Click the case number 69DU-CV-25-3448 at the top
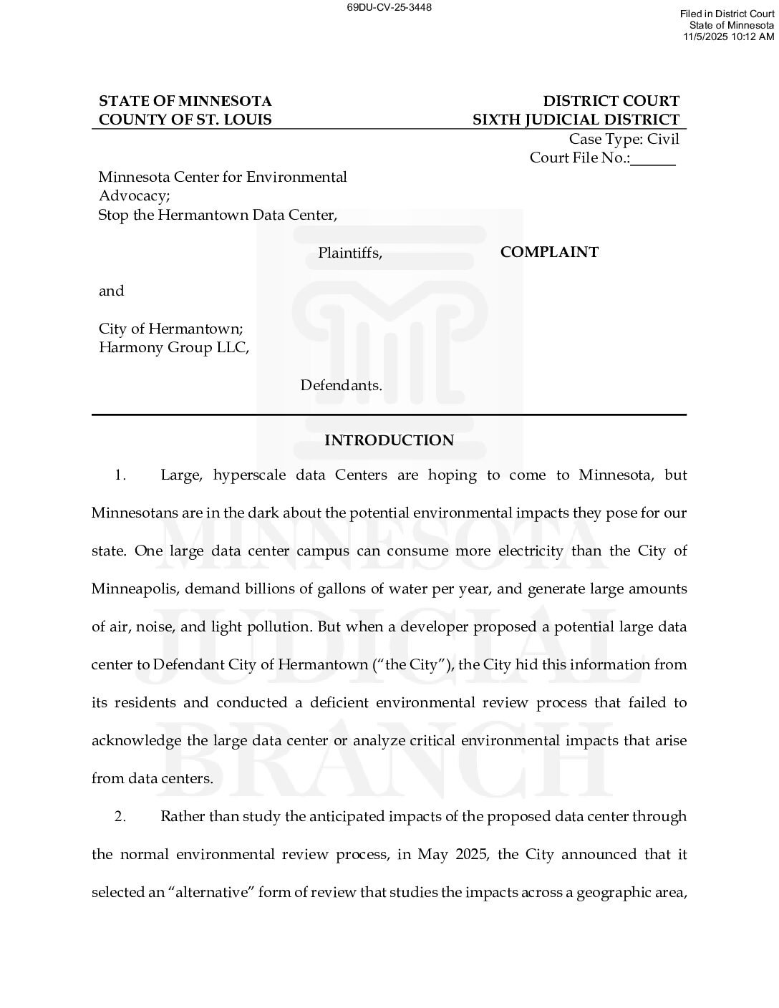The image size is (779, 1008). pyautogui.click(x=389, y=8)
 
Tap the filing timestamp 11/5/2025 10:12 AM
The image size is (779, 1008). pyautogui.click(x=728, y=36)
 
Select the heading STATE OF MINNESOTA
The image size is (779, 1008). pyautogui.click(x=185, y=101)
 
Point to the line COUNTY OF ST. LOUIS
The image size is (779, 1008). pyautogui.click(x=185, y=120)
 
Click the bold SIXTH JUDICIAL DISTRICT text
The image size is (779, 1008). pyautogui.click(x=576, y=120)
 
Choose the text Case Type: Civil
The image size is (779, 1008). pyautogui.click(x=624, y=139)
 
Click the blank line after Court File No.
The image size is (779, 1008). pyautogui.click(x=653, y=159)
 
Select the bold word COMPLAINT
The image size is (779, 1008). pyautogui.click(x=549, y=252)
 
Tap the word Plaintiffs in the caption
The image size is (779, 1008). pyautogui.click(x=349, y=253)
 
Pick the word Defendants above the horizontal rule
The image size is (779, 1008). pyautogui.click(x=341, y=385)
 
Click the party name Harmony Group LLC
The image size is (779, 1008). pyautogui.click(x=173, y=348)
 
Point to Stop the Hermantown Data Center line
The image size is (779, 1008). pyautogui.click(x=218, y=215)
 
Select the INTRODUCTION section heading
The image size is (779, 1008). pyautogui.click(x=389, y=440)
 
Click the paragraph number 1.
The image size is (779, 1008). pyautogui.click(x=120, y=475)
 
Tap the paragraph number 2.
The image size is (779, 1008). pyautogui.click(x=120, y=817)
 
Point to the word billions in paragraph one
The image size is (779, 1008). pyautogui.click(x=264, y=589)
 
